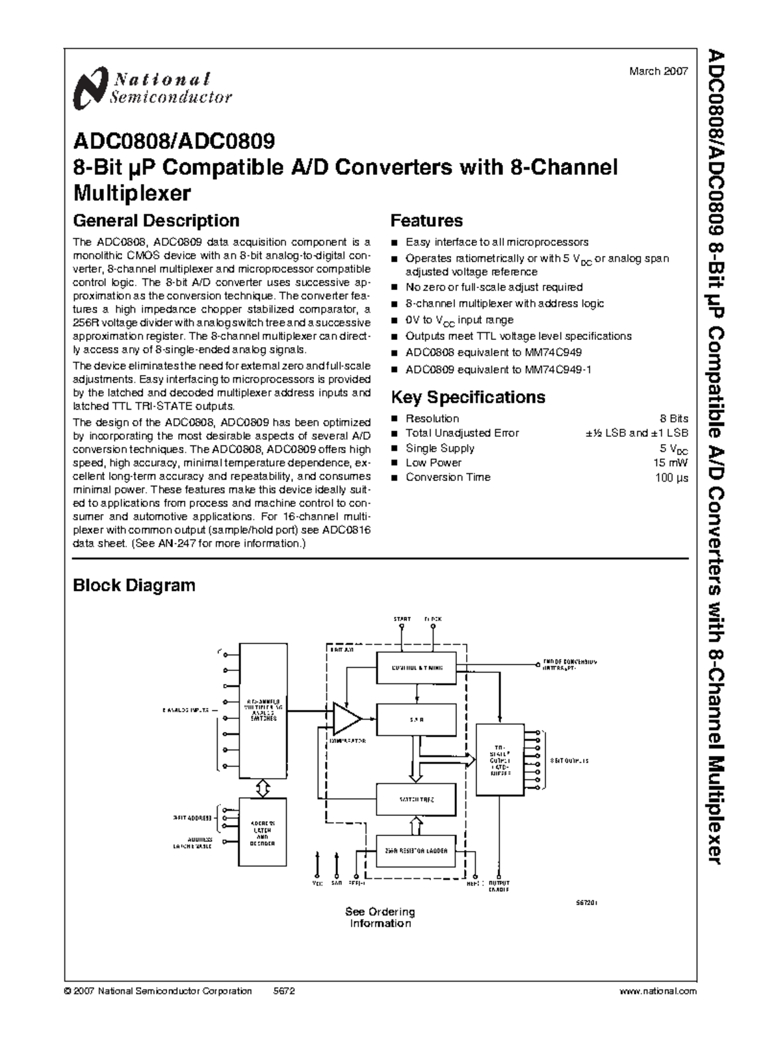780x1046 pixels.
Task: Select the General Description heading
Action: [x=156, y=221]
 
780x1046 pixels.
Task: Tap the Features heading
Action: [x=426, y=221]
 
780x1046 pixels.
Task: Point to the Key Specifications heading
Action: [x=468, y=397]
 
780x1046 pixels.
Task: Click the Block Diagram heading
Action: [x=134, y=585]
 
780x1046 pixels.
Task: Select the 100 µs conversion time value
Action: [x=671, y=478]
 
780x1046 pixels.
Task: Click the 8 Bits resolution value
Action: [x=673, y=419]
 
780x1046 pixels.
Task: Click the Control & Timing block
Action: [x=417, y=668]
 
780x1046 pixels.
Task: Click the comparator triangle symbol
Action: [x=345, y=718]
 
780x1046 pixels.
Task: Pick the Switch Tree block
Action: [x=417, y=800]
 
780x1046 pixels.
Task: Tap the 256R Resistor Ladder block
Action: [x=417, y=850]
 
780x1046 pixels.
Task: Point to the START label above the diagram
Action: [x=402, y=620]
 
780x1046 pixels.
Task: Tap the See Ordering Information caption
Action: [x=380, y=917]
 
